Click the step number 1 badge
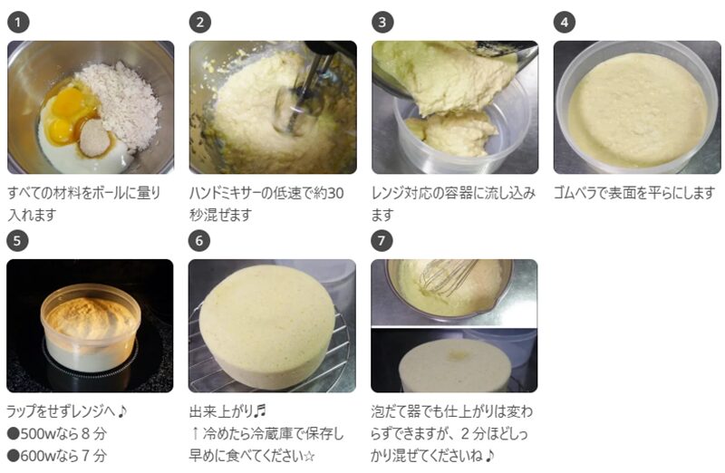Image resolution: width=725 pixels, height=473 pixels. click(18, 22)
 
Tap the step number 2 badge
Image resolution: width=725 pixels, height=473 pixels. click(200, 22)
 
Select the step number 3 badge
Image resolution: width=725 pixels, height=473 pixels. click(382, 22)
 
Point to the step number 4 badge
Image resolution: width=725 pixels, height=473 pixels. click(565, 22)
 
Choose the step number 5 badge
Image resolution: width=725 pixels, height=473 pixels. click(17, 241)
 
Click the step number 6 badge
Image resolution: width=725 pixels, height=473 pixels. click(199, 241)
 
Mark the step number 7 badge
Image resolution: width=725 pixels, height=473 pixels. click(382, 241)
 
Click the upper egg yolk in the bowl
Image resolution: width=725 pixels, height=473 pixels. click(69, 104)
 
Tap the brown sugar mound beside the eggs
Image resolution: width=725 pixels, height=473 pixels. click(94, 137)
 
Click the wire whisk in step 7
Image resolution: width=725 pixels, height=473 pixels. click(446, 276)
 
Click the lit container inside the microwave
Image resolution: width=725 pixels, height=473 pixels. click(91, 327)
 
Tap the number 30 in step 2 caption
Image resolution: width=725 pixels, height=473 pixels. click(335, 193)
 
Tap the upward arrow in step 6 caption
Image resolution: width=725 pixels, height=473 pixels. click(195, 434)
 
